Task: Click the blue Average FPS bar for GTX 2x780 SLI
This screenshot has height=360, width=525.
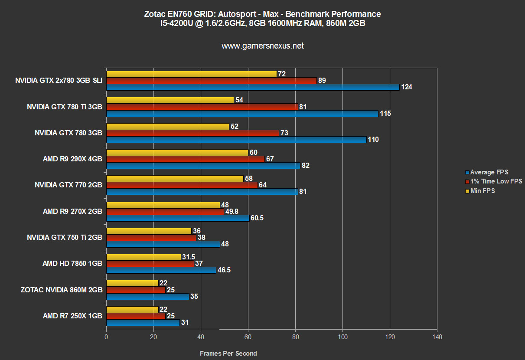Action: [x=253, y=87]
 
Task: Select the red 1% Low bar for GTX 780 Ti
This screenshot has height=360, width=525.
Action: [x=202, y=107]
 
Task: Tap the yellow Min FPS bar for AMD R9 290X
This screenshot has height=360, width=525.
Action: [x=177, y=152]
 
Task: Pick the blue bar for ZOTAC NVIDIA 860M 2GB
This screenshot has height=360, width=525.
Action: [x=147, y=297]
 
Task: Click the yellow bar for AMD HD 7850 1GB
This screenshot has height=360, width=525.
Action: [x=143, y=257]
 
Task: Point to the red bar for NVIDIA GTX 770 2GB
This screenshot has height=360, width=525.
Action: [x=182, y=185]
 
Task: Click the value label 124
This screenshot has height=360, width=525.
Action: [x=407, y=87]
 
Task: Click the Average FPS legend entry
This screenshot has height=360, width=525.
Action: [x=489, y=172]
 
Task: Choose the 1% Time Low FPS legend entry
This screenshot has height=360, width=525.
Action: [x=496, y=181]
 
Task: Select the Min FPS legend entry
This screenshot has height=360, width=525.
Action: [x=482, y=190]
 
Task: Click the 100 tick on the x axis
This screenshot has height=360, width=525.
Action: [x=343, y=337]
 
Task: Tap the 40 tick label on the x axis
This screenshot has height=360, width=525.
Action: [x=201, y=337]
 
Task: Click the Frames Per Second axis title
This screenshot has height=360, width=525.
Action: [x=228, y=353]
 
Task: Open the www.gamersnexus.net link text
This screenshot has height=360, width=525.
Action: [x=263, y=46]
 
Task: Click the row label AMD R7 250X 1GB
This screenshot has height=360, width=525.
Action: [x=72, y=316]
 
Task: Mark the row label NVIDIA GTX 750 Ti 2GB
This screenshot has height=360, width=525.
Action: [x=65, y=238]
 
